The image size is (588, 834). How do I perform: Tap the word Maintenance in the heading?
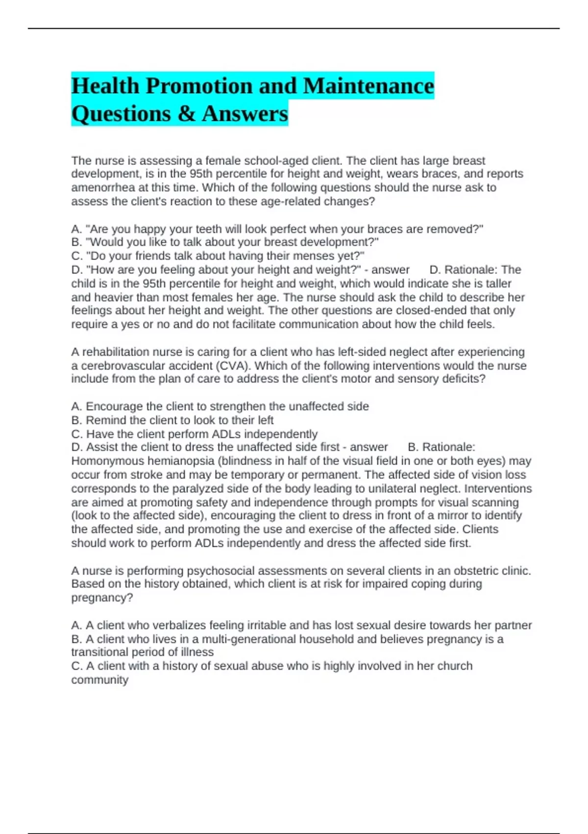coord(368,86)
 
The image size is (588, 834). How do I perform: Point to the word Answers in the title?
coord(245,114)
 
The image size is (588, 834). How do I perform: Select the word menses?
coord(314,256)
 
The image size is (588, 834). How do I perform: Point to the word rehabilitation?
coord(116,352)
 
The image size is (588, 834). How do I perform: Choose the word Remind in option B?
coord(103,420)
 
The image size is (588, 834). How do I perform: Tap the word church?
coord(455,666)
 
